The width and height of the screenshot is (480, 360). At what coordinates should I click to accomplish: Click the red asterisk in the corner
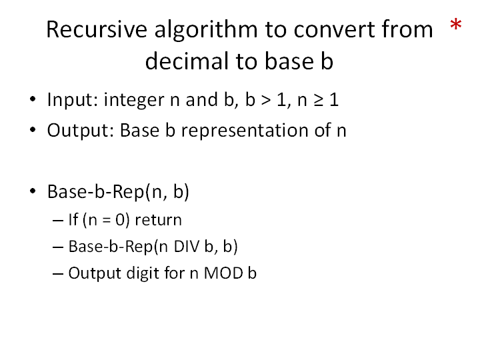(456, 24)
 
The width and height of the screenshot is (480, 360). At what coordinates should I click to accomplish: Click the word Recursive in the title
(97, 29)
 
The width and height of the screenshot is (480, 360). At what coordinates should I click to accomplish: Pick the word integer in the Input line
(134, 101)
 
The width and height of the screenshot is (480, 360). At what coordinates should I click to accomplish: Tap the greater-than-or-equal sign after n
(319, 101)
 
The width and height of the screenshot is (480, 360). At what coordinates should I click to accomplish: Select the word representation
(245, 131)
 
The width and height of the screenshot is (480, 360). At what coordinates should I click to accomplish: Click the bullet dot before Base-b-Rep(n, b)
(33, 191)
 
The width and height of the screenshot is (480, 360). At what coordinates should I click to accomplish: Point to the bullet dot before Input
(33, 99)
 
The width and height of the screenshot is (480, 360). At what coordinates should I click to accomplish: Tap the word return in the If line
(158, 220)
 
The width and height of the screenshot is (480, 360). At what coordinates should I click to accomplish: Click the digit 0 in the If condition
(120, 220)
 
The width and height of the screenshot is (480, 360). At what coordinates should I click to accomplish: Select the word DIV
(186, 247)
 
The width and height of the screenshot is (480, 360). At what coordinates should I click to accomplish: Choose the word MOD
(223, 273)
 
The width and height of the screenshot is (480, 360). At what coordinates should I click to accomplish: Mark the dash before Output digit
(58, 274)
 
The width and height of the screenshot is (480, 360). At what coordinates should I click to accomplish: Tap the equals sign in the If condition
(106, 221)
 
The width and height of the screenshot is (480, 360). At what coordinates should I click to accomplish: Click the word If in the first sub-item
(73, 219)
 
